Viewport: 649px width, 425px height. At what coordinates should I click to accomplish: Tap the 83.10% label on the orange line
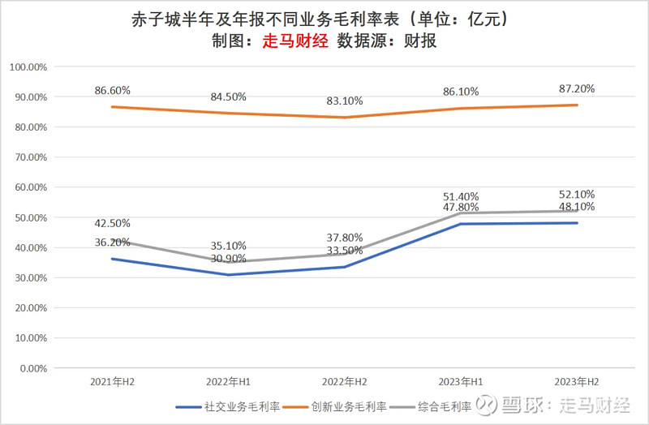(344, 101)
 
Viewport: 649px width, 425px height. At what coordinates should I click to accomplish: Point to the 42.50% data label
(112, 223)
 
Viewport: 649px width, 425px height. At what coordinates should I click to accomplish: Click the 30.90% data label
(228, 258)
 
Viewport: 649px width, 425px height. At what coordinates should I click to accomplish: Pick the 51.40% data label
(460, 196)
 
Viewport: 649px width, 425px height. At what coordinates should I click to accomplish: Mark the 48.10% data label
(576, 206)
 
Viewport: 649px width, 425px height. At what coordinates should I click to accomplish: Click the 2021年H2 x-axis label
(112, 381)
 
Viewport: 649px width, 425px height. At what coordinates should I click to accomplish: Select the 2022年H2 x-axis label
(344, 381)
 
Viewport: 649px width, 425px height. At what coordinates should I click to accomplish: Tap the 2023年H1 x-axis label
(460, 381)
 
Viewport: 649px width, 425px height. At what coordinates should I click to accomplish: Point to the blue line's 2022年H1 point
(228, 275)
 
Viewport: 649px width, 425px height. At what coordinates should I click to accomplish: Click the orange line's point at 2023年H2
(576, 105)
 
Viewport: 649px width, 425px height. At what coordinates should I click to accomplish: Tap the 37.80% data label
(344, 238)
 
